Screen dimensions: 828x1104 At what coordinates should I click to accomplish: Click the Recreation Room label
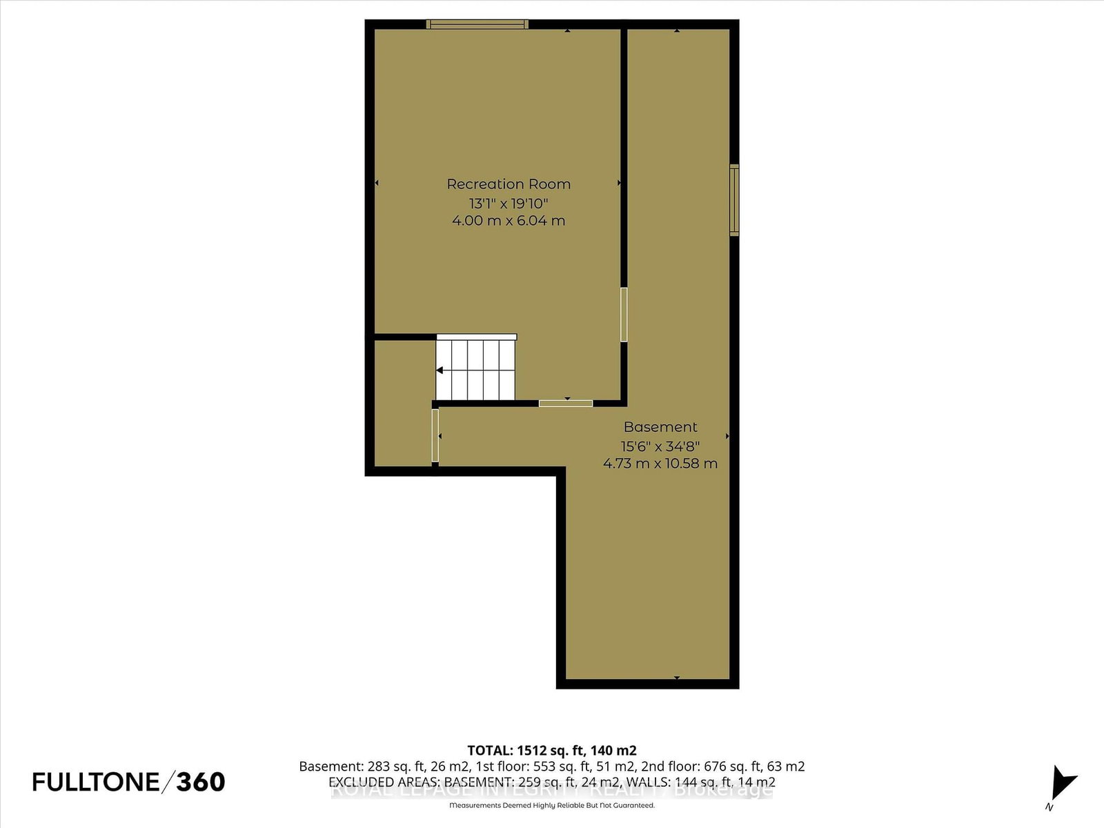pyautogui.click(x=509, y=184)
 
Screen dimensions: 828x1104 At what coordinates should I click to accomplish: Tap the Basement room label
pyautogui.click(x=660, y=427)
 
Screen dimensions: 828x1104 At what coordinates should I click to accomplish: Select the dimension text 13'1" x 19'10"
pyautogui.click(x=509, y=204)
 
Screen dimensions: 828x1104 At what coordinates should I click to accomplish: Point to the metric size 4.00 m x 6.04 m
pyautogui.click(x=509, y=221)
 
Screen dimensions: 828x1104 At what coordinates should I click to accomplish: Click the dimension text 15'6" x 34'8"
pyautogui.click(x=660, y=446)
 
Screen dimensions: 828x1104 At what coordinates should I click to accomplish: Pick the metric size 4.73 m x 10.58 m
pyautogui.click(x=660, y=464)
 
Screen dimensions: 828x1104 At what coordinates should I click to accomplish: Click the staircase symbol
pyautogui.click(x=476, y=369)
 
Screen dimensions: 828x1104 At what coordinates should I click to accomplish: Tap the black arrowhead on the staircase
pyautogui.click(x=440, y=371)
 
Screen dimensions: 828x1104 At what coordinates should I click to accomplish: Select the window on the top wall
pyautogui.click(x=477, y=24)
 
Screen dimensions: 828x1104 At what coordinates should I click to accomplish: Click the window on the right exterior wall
pyautogui.click(x=734, y=200)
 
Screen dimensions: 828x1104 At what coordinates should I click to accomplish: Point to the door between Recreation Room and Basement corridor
pyautogui.click(x=624, y=315)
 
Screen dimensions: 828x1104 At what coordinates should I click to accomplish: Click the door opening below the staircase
pyautogui.click(x=565, y=403)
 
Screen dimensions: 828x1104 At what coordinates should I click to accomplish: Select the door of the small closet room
pyautogui.click(x=435, y=435)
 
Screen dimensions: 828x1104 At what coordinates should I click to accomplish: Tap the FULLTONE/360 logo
pyautogui.click(x=128, y=782)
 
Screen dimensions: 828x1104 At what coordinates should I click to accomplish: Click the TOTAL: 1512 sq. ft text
pyautogui.click(x=551, y=750)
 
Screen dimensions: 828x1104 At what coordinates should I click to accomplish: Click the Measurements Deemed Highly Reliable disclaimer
pyautogui.click(x=551, y=805)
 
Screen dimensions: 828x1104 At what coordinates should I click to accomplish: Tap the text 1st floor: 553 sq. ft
pyautogui.click(x=557, y=766)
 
